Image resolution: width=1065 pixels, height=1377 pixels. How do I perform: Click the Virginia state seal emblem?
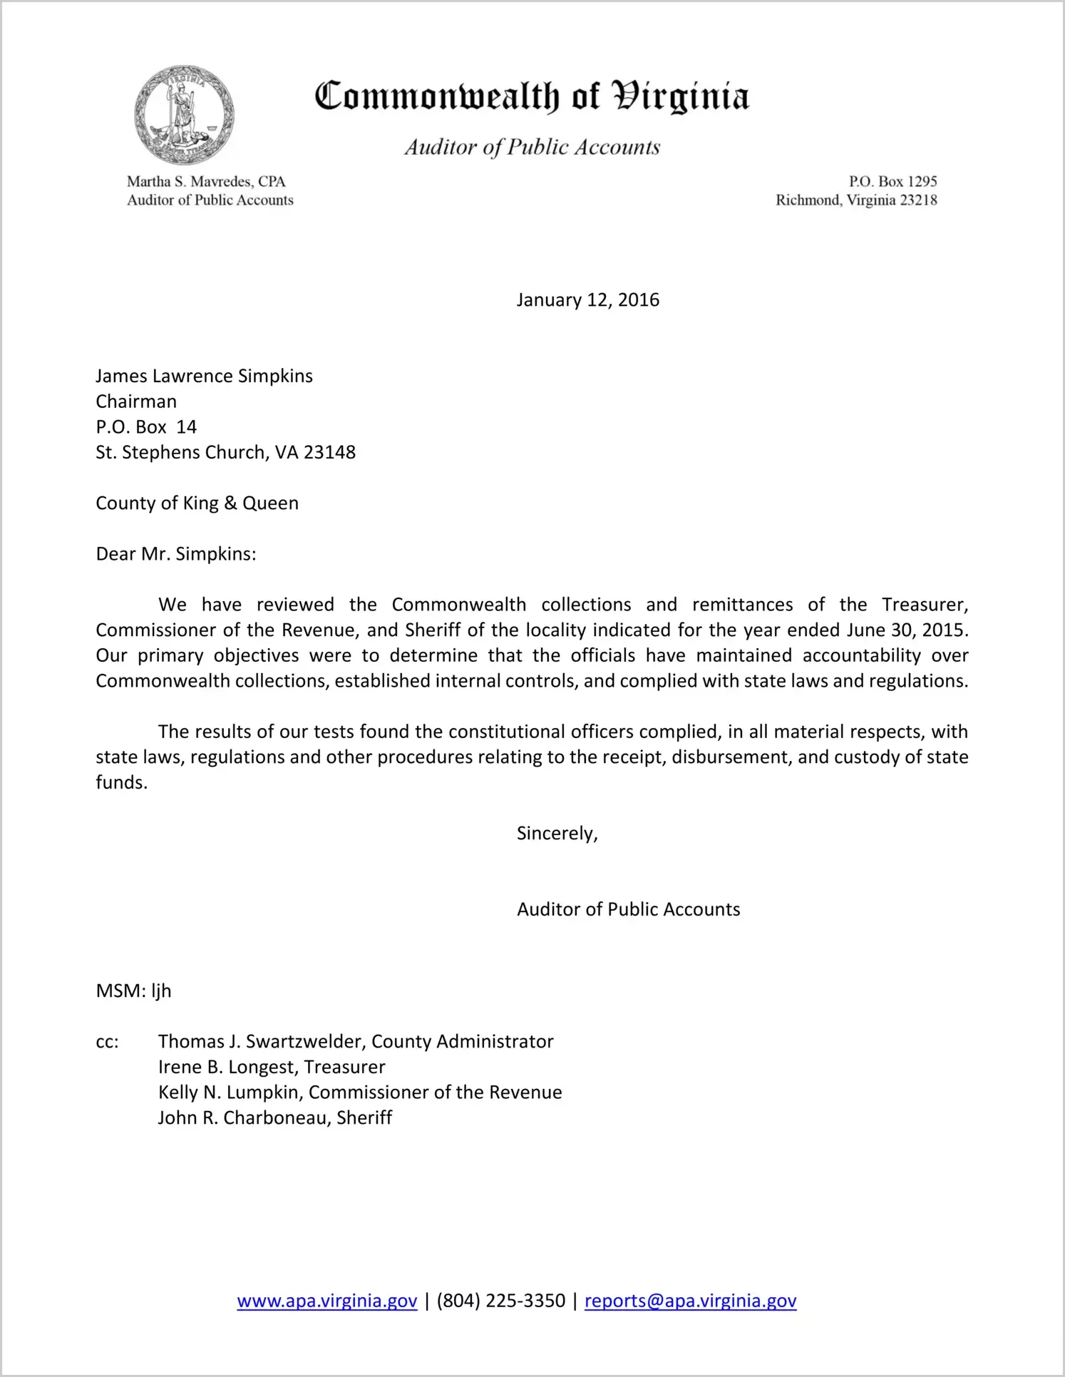[184, 115]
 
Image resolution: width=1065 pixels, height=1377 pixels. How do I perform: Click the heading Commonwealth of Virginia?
[532, 96]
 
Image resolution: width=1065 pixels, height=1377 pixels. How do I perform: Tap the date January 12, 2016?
[587, 300]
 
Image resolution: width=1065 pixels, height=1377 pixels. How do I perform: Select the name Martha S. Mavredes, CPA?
[206, 182]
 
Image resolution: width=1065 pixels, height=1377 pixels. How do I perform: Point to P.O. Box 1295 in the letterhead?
[892, 182]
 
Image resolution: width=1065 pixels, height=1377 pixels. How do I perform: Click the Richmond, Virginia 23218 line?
[856, 200]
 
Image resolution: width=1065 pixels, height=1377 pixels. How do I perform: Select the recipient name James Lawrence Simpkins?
[204, 376]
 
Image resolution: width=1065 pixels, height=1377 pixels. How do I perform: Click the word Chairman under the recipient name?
[136, 401]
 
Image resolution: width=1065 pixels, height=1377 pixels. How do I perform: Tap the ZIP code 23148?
[329, 452]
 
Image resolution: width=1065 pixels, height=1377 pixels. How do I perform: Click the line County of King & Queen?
[197, 503]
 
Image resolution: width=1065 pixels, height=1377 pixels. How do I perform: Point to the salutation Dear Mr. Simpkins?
[175, 554]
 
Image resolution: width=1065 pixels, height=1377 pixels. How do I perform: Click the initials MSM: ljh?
[133, 990]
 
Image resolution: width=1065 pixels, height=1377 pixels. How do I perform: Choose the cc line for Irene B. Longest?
[271, 1067]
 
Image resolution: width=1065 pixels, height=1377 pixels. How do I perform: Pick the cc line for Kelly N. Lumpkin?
[359, 1092]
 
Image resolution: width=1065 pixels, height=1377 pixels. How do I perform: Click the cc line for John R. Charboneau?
[274, 1117]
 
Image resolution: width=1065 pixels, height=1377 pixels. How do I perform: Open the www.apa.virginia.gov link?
[326, 1301]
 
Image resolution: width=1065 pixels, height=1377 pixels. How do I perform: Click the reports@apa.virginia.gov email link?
[690, 1301]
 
